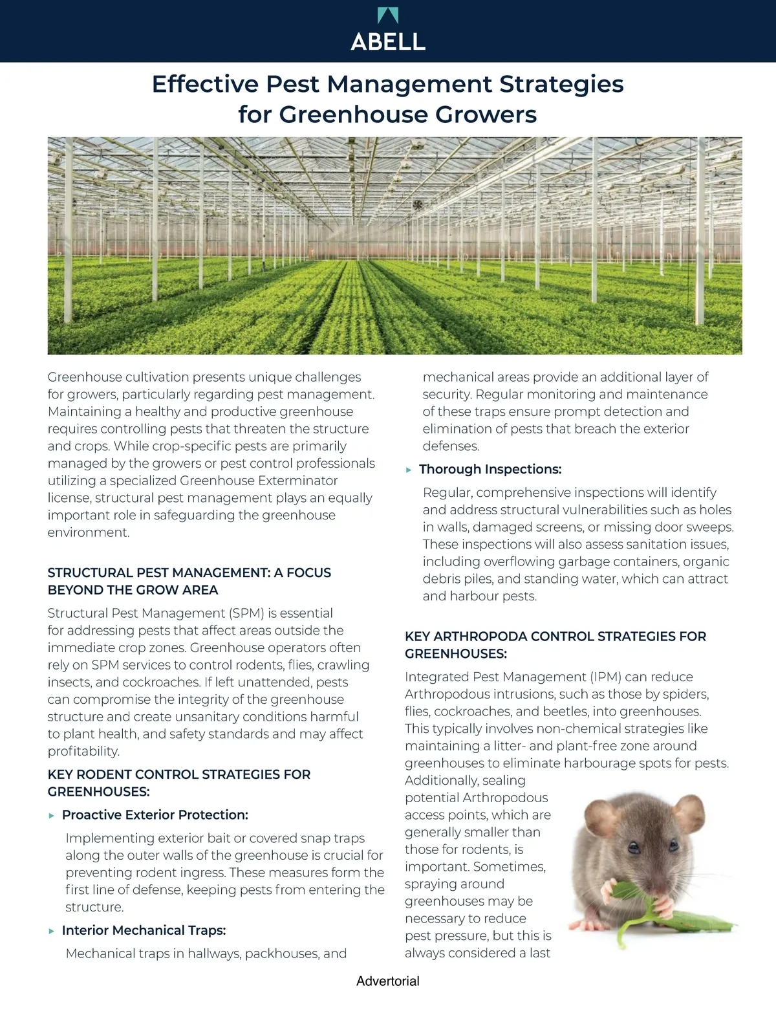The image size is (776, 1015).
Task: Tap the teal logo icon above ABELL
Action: [388, 16]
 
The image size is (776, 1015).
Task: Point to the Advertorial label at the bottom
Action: [387, 981]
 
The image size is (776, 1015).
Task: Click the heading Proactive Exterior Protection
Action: [155, 814]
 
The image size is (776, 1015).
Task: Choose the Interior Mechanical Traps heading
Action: [144, 930]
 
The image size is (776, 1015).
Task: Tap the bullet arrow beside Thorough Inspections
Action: [409, 470]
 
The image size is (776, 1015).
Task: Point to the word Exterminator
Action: [298, 481]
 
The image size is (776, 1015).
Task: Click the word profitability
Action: [83, 751]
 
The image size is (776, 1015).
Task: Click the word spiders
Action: [685, 694]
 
